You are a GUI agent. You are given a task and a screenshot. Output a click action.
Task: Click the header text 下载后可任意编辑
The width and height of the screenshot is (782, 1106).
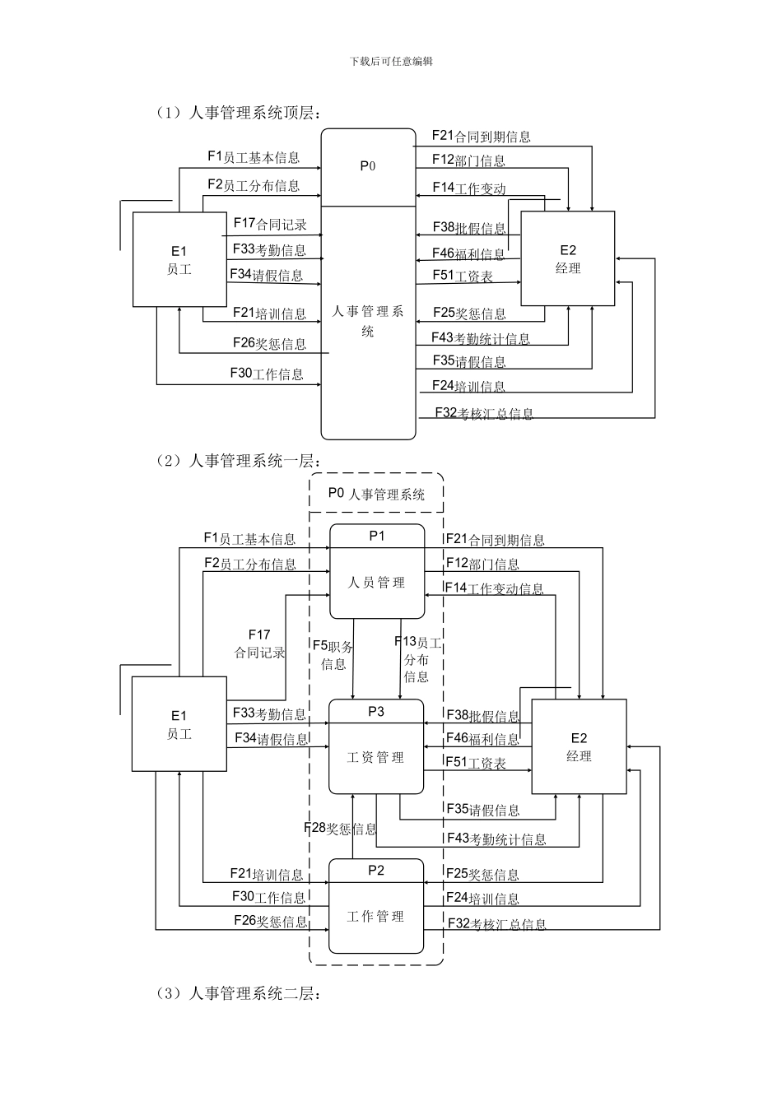391,61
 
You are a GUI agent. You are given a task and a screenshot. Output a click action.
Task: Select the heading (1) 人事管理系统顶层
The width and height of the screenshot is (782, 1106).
239,113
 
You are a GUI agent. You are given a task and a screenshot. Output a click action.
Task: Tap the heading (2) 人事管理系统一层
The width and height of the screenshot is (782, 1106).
239,461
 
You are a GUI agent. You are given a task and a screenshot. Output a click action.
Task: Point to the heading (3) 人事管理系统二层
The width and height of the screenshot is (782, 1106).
239,993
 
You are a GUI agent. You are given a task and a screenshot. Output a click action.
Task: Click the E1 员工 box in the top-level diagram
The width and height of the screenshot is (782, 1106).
179,260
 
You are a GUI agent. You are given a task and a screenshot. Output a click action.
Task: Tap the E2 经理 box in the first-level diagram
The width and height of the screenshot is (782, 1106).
579,747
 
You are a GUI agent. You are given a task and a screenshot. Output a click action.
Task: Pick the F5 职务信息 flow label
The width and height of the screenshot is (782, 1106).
333,655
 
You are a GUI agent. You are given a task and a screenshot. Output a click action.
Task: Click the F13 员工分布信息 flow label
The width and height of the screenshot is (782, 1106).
417,659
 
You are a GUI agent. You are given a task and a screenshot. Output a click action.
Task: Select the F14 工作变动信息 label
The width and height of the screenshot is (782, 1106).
494,588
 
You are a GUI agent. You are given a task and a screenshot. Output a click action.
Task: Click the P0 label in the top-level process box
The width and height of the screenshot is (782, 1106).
368,166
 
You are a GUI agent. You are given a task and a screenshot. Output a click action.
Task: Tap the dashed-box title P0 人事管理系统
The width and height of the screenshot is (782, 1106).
376,494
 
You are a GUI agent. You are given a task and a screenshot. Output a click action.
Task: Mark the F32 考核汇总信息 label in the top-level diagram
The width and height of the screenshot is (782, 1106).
484,413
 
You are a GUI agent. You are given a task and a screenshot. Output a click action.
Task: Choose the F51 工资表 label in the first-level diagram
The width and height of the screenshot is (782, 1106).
476,763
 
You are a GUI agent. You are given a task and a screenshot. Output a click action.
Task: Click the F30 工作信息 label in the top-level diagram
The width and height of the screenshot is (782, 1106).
267,374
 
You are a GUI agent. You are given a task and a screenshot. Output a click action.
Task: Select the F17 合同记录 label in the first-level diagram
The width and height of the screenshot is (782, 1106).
259,644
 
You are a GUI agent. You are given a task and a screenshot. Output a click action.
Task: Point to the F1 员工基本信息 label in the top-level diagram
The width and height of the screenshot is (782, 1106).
254,157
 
